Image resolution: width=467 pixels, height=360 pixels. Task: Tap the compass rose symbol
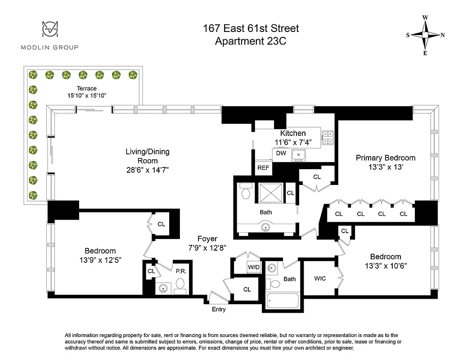click(425, 35)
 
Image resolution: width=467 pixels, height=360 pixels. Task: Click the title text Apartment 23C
click(251, 41)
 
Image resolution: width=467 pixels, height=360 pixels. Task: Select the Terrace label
click(86, 89)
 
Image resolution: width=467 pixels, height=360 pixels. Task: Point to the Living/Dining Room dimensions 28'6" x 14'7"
click(147, 170)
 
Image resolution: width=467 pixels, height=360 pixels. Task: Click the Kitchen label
click(293, 133)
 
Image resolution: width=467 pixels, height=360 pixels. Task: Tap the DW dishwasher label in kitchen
click(281, 153)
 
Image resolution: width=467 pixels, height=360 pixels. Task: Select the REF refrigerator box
click(263, 168)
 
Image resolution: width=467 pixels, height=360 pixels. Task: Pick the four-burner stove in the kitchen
click(328, 137)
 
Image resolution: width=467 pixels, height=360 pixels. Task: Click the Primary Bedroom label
click(386, 158)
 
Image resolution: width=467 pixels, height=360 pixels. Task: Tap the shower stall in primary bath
click(271, 193)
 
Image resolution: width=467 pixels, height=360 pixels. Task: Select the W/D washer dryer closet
click(254, 267)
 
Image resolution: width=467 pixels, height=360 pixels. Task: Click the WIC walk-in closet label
click(320, 279)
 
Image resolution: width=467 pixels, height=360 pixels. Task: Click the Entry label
click(219, 310)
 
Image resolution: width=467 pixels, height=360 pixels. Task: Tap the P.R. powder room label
click(181, 272)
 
